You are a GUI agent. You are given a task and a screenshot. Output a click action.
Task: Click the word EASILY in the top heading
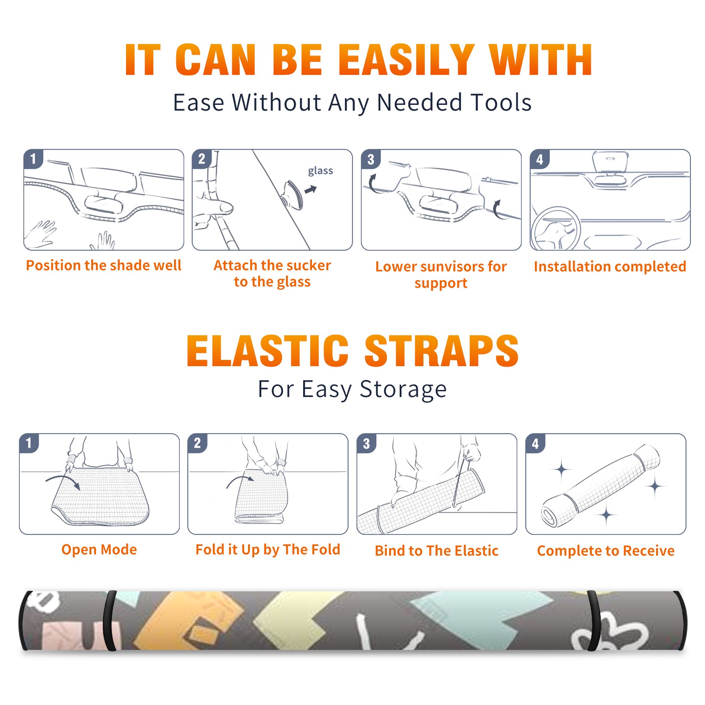point(406,60)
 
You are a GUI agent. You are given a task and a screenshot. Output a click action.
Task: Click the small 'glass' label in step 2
point(320,171)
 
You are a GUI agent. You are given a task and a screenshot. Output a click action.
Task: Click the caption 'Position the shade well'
point(104,265)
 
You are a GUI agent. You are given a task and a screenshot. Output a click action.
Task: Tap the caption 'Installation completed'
point(610,267)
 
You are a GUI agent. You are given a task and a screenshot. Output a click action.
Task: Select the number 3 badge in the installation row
point(371,159)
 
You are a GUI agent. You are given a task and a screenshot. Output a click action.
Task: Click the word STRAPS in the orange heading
point(442,351)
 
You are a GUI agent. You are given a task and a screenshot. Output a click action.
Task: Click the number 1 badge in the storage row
point(29,443)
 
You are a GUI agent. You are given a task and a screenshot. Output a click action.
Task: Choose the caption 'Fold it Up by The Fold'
point(268,550)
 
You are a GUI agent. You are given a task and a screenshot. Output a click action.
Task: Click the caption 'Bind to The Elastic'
point(437,551)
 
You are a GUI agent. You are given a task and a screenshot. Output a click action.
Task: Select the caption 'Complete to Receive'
point(606,551)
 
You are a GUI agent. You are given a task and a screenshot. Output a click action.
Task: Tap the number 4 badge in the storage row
point(535,443)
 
